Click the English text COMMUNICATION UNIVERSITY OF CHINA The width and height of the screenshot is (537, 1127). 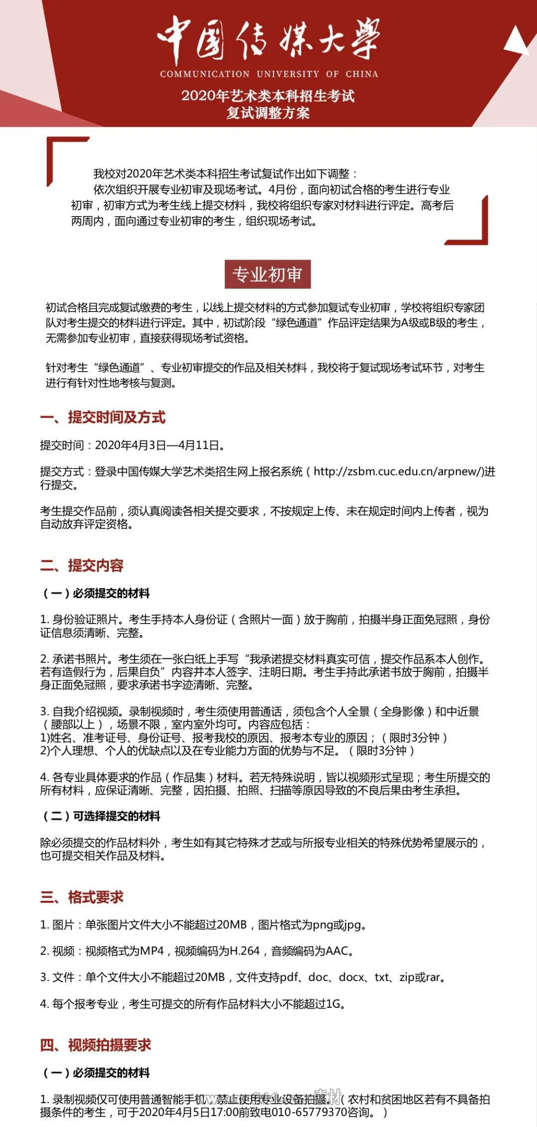coord(268,74)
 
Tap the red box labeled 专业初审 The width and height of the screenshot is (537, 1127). coord(268,274)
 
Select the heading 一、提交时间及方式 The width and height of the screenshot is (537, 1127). coord(103,417)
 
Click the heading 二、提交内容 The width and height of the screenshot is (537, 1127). coord(82,565)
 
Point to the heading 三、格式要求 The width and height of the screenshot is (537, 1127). coord(82,896)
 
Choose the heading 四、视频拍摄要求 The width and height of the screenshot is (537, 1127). coord(96,1045)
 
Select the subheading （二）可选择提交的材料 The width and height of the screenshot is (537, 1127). coord(102,816)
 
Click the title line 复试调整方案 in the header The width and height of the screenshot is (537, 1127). coord(268,113)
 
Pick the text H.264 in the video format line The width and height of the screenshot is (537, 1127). coord(245,951)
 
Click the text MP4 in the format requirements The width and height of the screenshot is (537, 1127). coord(152,951)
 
